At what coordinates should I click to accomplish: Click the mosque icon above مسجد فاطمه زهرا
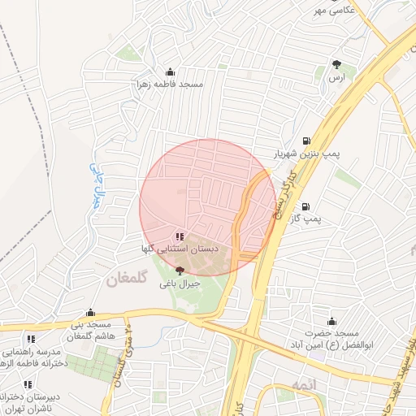pos(169,71)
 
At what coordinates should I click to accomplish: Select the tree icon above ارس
pos(336,64)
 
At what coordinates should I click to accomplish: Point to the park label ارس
pos(335,77)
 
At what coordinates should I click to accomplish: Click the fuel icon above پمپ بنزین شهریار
pos(305,140)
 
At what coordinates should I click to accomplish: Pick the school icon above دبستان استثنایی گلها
pos(180,236)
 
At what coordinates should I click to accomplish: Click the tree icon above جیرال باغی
pos(180,271)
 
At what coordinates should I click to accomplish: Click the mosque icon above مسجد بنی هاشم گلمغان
pos(90,312)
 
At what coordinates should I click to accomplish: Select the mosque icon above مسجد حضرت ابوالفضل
pos(331,321)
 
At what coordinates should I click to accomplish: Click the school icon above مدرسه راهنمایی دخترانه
pos(31,339)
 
